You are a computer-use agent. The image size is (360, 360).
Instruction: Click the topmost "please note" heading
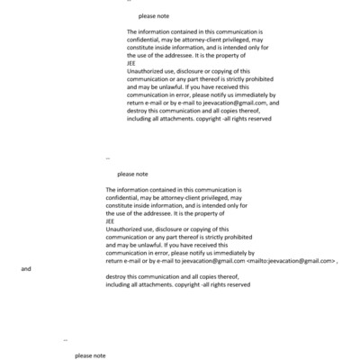coord(153,16)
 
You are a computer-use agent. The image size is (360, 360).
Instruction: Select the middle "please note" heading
coord(132,174)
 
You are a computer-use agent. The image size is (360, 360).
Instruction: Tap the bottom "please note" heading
coord(90,355)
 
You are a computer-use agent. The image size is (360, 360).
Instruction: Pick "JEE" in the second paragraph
coord(111,221)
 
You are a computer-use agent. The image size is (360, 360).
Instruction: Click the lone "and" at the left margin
coord(26,269)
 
